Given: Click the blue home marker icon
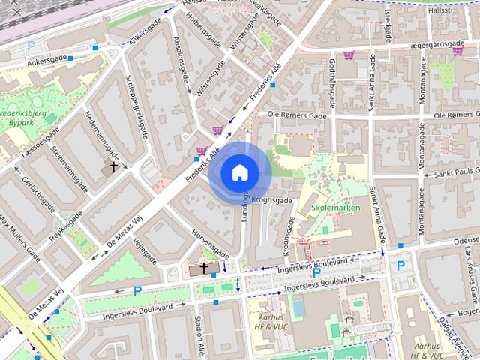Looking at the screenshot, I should (238, 173).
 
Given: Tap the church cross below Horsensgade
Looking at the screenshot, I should (203, 268).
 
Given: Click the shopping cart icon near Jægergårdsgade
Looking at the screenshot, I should (349, 55).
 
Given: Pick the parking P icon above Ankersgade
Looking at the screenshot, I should (31, 46).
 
